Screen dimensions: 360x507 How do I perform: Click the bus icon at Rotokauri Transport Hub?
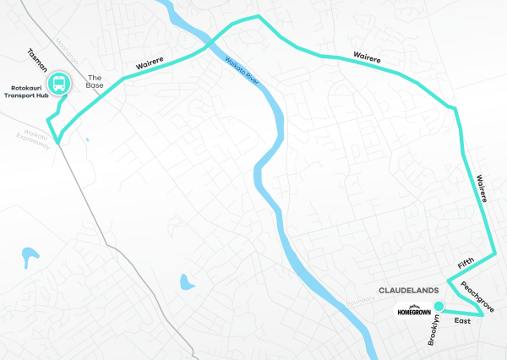[x=59, y=84]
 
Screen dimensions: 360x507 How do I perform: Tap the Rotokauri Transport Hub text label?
[x=25, y=90]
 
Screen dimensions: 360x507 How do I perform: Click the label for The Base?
[x=93, y=81]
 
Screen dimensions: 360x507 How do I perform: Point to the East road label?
[x=461, y=321]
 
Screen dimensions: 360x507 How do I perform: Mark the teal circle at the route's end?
[x=438, y=307]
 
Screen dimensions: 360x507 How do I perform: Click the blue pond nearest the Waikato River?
[x=183, y=281]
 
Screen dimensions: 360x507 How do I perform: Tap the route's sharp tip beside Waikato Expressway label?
[x=57, y=141]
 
